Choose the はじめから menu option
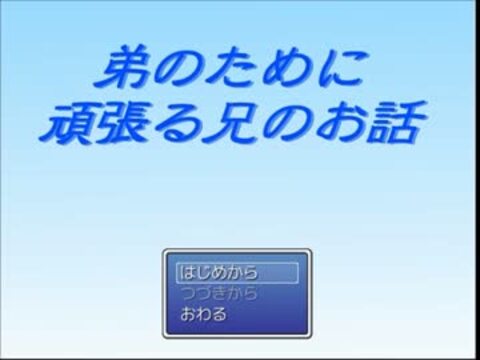219,273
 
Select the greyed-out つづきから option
219,293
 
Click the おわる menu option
203,314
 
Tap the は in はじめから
187,273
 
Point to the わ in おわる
203,314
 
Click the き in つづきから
219,293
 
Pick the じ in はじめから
203,273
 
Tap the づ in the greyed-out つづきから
204,293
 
